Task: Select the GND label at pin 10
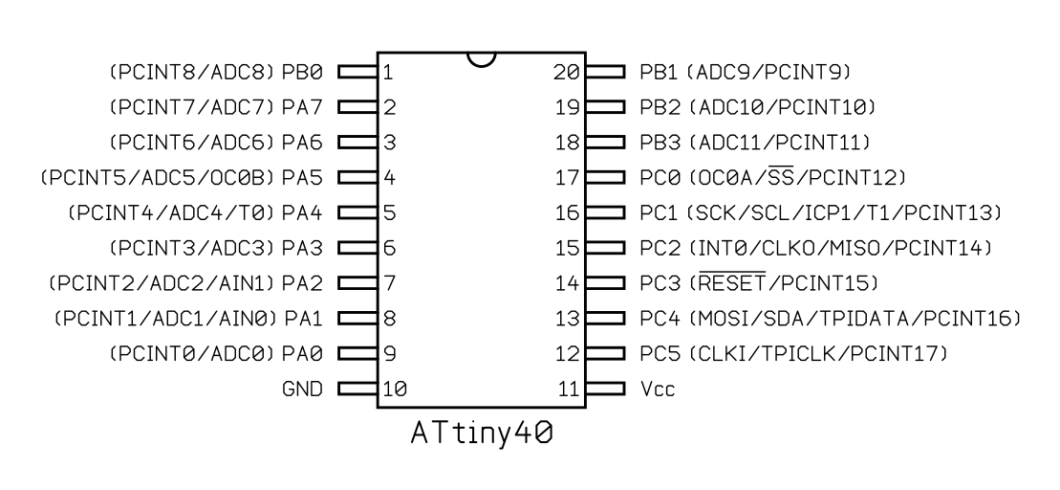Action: pos(303,390)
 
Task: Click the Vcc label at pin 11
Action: pos(658,390)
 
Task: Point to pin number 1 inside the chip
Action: pos(388,72)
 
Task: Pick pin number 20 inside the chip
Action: pos(568,72)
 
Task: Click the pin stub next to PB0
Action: pos(357,72)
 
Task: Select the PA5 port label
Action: pos(302,178)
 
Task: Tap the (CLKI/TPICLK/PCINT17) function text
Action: pos(818,355)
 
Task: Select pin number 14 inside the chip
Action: pos(568,284)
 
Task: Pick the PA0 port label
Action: pos(302,355)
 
